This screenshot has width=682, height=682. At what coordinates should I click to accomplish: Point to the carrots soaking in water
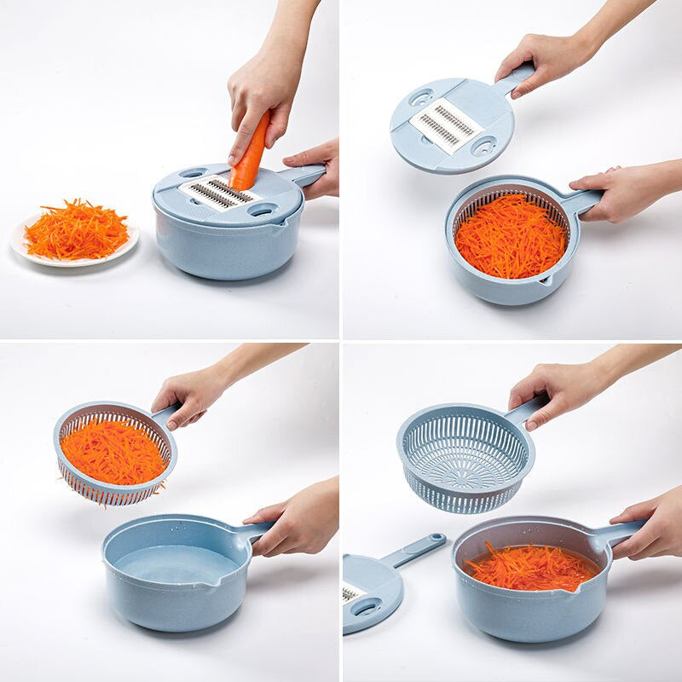532,567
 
